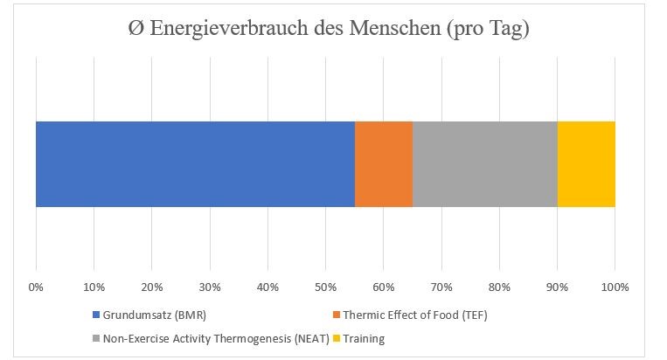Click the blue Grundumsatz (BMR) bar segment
click(195, 164)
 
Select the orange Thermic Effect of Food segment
click(383, 164)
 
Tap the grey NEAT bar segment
click(484, 164)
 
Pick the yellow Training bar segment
click(586, 164)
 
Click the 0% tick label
click(36, 286)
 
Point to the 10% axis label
click(94, 286)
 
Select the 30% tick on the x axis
click(209, 286)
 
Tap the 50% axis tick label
click(325, 286)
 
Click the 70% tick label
click(441, 286)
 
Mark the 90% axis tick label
click(557, 286)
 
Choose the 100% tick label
click(615, 286)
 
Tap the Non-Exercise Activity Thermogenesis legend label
click(214, 338)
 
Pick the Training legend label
click(364, 338)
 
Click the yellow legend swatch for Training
click(337, 338)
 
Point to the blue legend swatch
click(95, 315)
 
